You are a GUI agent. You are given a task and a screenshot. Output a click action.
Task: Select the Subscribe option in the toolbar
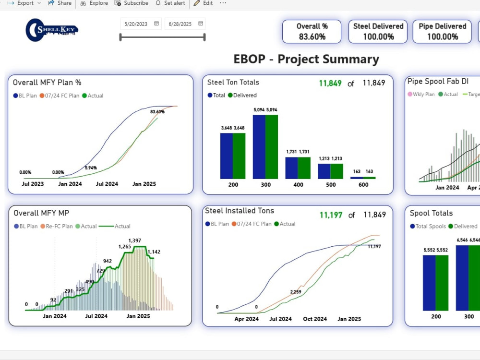click(132, 3)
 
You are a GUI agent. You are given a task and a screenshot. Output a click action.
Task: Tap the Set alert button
click(170, 3)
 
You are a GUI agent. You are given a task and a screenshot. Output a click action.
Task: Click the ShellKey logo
click(52, 30)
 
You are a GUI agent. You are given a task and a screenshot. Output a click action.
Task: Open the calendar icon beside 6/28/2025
click(201, 24)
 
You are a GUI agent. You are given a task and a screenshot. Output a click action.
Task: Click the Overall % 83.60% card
click(312, 32)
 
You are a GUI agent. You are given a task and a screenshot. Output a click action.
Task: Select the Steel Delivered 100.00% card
click(378, 32)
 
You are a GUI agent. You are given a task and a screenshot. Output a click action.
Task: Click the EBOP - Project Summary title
click(306, 59)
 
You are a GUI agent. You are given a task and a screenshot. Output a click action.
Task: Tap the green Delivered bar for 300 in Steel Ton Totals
click(272, 147)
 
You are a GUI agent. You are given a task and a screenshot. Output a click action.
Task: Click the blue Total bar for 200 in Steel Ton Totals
click(227, 156)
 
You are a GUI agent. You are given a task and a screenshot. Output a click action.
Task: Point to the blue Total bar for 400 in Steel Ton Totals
click(291, 168)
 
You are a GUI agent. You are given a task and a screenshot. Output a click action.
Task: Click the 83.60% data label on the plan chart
click(157, 112)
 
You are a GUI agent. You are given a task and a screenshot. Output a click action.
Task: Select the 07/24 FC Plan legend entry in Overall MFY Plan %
click(60, 96)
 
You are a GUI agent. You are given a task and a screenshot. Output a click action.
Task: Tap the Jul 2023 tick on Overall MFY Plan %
click(33, 184)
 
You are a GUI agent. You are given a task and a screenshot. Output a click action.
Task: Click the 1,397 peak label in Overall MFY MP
click(135, 240)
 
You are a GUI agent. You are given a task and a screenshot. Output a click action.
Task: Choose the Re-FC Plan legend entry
click(57, 226)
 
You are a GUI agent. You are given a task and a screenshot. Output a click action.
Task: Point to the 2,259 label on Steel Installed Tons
click(296, 292)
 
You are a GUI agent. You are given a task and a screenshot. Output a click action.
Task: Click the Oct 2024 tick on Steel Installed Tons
click(315, 319)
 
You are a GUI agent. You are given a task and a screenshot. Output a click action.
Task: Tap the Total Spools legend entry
click(428, 226)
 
